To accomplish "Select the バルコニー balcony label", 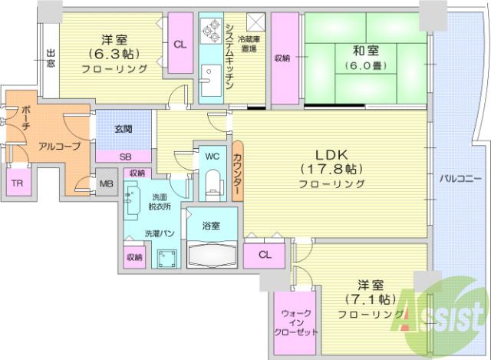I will coord(460,178).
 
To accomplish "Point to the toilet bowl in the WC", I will coord(213,183).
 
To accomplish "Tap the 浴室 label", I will coord(211,226).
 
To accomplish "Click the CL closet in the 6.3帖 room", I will coord(180,45).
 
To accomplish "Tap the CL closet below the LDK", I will coord(264,254).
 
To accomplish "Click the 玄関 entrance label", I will coord(124,129).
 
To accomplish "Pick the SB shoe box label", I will coord(124,155).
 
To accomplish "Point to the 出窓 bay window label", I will coord(51,58).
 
